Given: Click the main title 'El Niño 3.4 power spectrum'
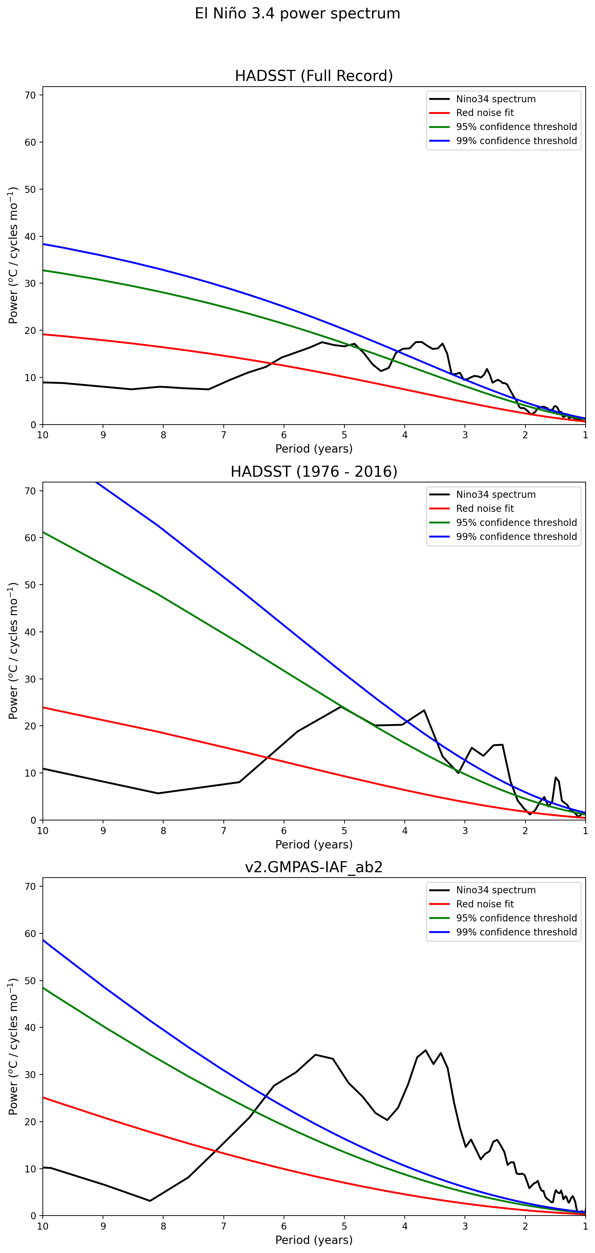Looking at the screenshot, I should coord(297,14).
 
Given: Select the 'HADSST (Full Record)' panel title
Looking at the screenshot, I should coord(314,76).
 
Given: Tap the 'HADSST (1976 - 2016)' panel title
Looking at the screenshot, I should coord(314,471).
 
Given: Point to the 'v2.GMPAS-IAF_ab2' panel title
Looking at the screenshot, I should coord(314,867).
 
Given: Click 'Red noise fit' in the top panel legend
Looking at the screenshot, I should coord(485,113).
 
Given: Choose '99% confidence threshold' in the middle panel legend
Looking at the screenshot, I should coord(516,537).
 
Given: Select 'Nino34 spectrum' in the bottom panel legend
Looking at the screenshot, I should coord(495,890).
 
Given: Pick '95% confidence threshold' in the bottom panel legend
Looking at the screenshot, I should coord(516,918).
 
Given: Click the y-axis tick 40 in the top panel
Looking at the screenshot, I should coord(30,236).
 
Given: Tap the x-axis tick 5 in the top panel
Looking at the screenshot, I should coord(344,435).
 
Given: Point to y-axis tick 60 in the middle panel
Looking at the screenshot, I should coord(30,538).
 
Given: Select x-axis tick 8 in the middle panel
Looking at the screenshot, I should coord(164,831).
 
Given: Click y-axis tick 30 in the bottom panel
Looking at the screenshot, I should coord(30,1074).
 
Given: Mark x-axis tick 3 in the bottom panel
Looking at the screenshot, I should coord(465,1226).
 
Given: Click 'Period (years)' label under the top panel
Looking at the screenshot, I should coord(314,448).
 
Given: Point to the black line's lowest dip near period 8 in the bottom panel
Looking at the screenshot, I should coord(150,1201).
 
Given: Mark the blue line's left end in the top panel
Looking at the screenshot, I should coord(43,244).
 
